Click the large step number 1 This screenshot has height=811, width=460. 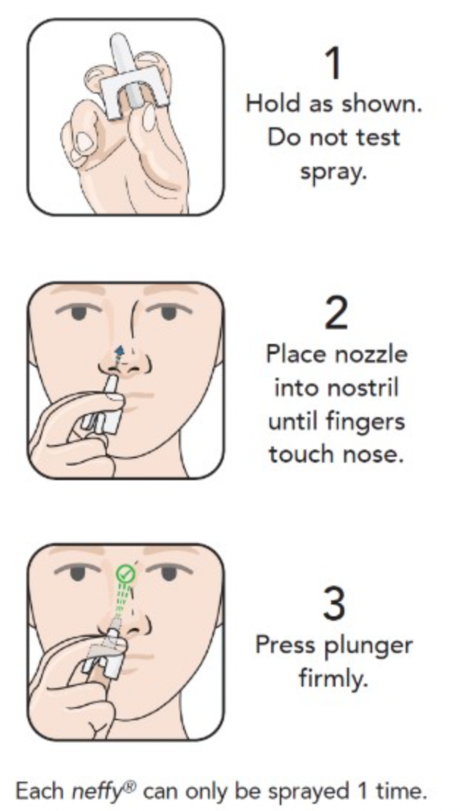pos(334,63)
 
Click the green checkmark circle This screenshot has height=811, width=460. pos(125,573)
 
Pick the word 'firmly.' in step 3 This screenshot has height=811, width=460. pos(333,678)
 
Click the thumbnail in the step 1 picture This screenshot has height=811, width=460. pos(83,143)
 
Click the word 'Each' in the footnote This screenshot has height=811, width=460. pos(41,791)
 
